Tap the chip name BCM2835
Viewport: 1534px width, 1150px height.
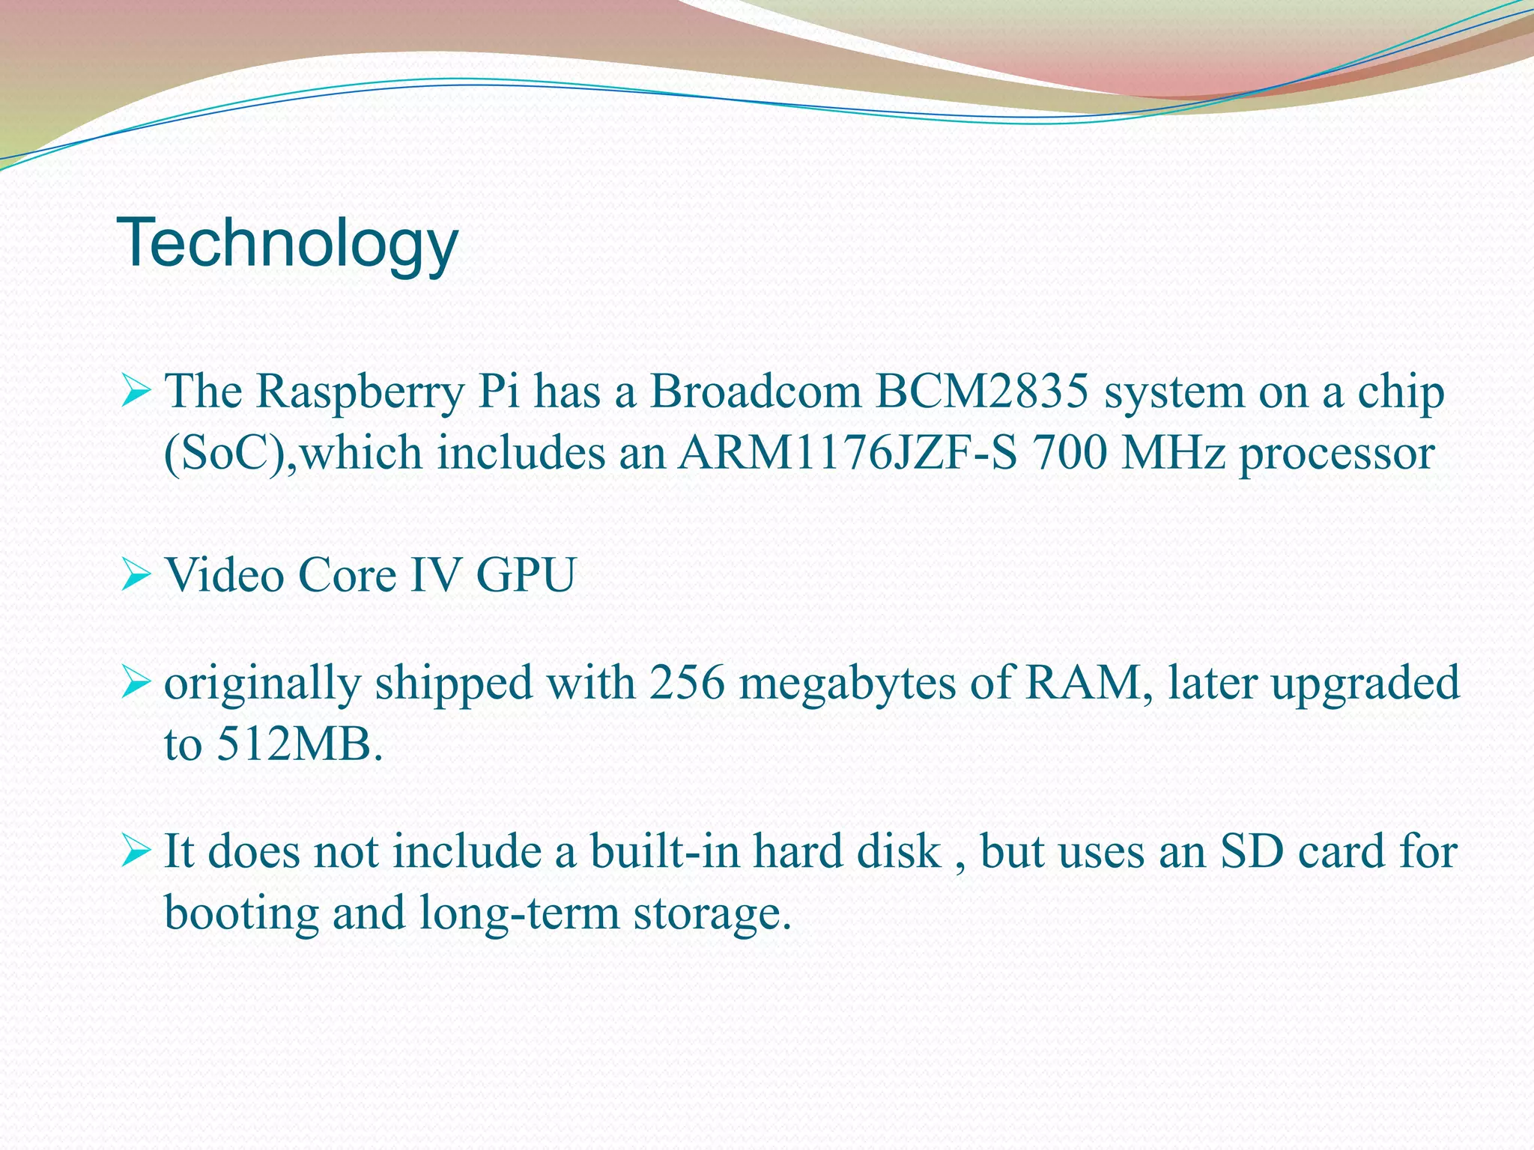coord(981,391)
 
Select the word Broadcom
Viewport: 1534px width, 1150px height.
coord(755,391)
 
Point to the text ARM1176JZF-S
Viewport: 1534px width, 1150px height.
coord(847,453)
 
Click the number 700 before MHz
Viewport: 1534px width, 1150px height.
coord(1068,453)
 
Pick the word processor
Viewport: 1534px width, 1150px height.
coord(1336,454)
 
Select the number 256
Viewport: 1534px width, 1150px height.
coord(687,683)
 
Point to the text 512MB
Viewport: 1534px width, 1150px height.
coord(300,744)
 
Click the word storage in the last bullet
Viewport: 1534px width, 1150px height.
coord(712,913)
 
